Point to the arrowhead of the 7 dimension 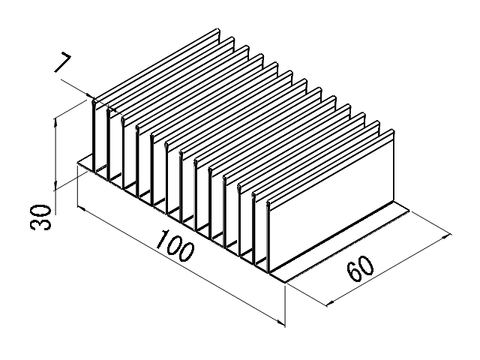point(91,97)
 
